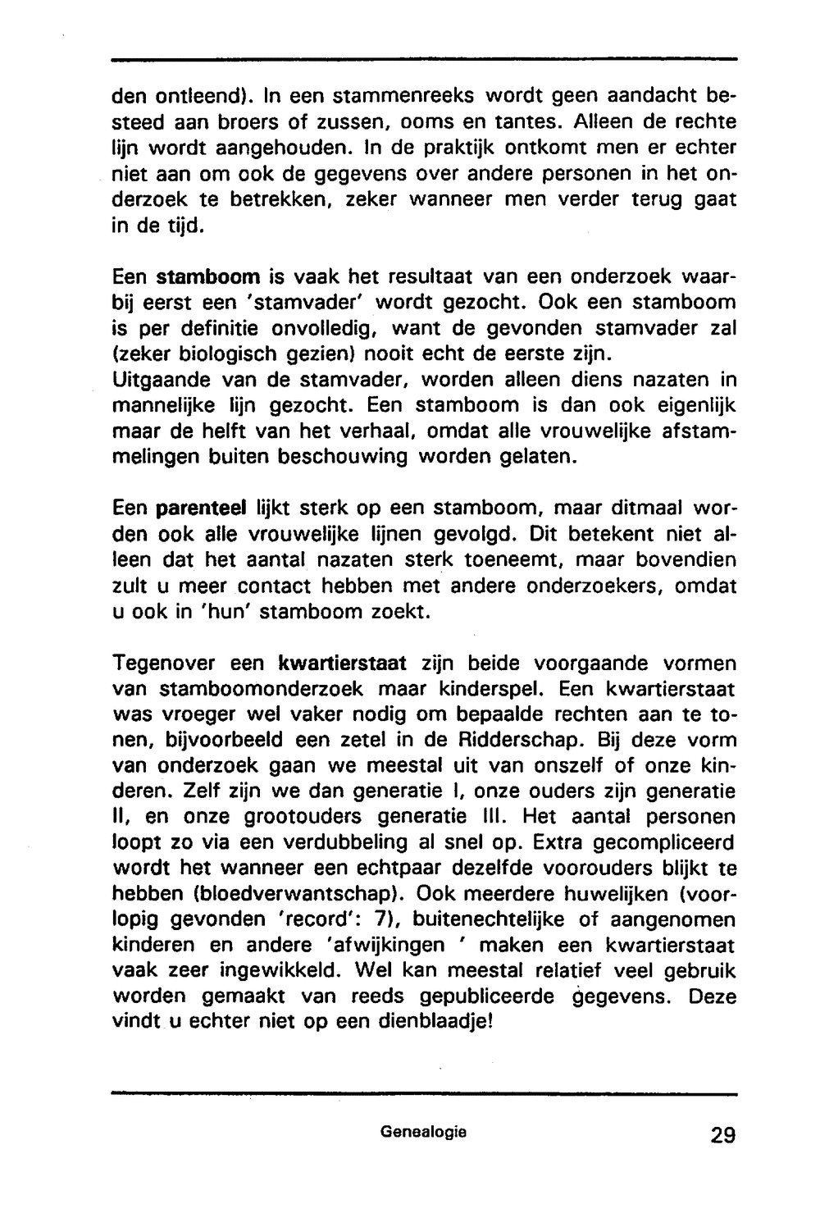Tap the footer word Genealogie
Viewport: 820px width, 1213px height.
(x=423, y=1132)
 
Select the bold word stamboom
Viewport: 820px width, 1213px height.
(x=208, y=276)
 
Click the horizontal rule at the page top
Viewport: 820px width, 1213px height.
(x=423, y=60)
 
